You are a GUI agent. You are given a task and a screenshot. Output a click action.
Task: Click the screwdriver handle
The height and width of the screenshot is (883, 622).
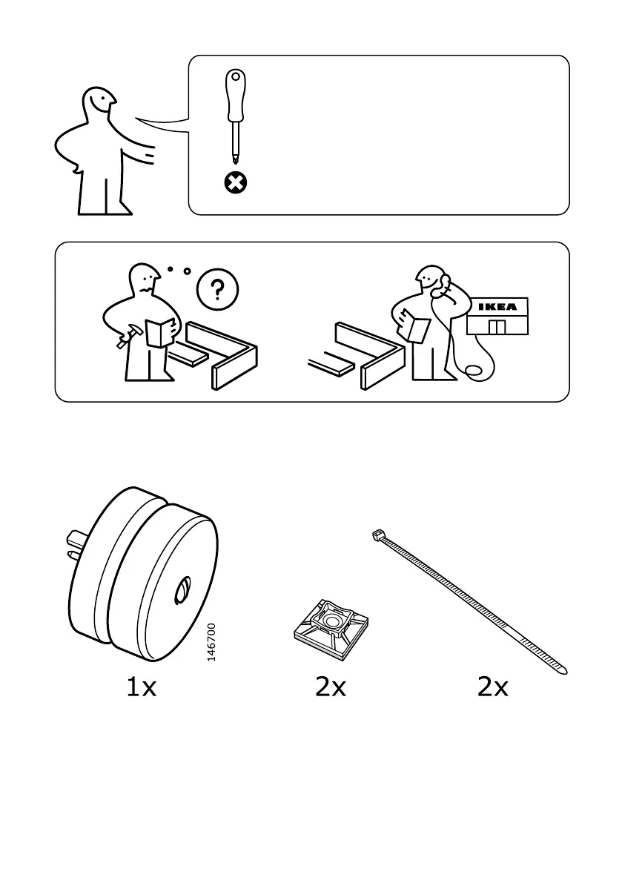(236, 96)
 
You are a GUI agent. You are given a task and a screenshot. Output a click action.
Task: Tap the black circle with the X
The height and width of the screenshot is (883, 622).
(236, 182)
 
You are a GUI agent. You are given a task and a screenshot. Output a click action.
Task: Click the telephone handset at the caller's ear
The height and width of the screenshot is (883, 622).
(445, 284)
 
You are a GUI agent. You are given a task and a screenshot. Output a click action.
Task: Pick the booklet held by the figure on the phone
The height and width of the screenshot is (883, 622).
(414, 325)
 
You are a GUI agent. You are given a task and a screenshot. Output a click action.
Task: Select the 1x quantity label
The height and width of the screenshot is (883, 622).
(141, 688)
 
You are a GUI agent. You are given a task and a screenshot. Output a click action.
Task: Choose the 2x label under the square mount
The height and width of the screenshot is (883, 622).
(331, 688)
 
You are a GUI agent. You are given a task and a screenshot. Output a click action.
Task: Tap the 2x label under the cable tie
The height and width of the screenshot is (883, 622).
(493, 688)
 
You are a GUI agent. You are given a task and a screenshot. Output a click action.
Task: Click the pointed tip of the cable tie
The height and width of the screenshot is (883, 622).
(564, 672)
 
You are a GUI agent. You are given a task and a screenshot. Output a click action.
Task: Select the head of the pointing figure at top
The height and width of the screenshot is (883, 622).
(98, 105)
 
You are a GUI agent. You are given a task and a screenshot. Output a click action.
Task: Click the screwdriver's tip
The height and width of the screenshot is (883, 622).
(236, 159)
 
